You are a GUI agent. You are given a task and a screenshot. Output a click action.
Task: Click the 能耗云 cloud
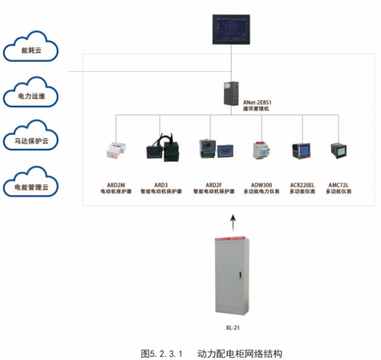(x=31, y=49)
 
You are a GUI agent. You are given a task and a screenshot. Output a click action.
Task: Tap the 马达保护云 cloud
(x=31, y=141)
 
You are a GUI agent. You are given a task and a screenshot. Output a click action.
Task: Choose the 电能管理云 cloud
(x=31, y=186)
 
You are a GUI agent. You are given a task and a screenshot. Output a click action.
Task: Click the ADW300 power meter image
(x=261, y=150)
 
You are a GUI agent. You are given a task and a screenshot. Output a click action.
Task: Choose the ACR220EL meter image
(x=301, y=150)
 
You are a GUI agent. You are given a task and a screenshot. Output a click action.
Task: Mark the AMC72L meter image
(x=338, y=150)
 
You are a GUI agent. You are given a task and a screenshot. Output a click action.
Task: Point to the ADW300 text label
(x=261, y=185)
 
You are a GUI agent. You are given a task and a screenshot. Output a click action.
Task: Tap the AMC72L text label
(x=338, y=185)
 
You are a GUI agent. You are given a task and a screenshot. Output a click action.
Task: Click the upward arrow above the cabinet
(x=232, y=221)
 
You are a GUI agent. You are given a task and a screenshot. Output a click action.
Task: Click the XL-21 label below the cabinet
(x=232, y=329)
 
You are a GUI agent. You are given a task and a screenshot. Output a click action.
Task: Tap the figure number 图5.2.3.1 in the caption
(x=160, y=353)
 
